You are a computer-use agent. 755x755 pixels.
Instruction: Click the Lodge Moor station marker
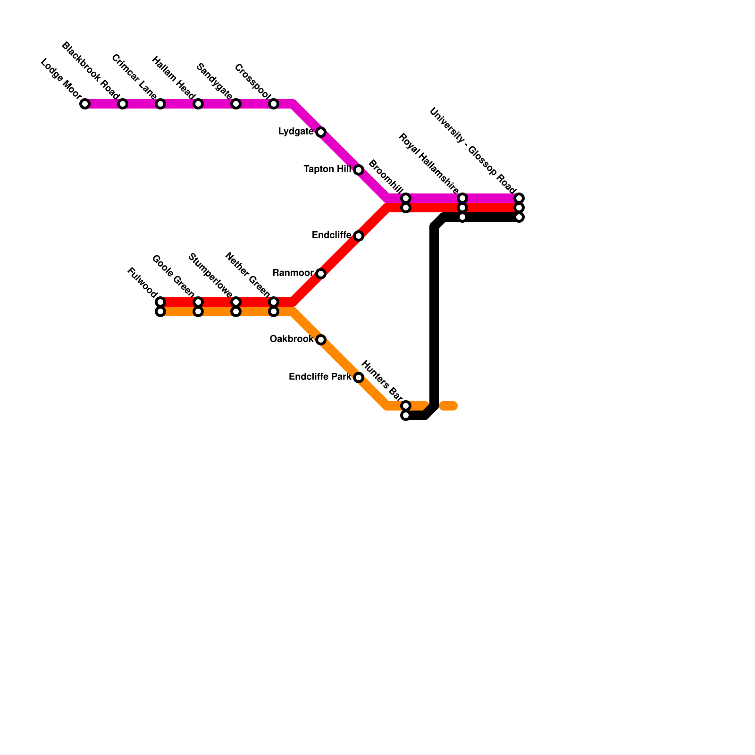[85, 104]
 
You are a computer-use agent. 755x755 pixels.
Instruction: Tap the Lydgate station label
[296, 132]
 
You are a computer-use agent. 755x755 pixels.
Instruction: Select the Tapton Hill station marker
[359, 170]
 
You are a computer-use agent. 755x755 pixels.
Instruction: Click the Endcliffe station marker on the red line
[359, 236]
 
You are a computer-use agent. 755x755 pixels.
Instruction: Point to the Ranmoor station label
[293, 273]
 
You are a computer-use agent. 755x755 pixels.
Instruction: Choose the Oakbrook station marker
[321, 340]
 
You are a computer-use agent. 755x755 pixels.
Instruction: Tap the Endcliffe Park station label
[320, 377]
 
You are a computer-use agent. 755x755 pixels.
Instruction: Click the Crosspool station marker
[274, 104]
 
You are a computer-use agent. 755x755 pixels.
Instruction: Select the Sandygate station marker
[236, 104]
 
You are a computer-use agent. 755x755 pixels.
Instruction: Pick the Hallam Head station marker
[198, 104]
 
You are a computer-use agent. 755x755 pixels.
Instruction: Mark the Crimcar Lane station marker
[160, 104]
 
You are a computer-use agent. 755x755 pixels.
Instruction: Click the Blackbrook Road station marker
[123, 104]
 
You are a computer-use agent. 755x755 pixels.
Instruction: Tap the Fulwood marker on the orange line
[160, 312]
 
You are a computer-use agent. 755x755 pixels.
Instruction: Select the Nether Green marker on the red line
[274, 302]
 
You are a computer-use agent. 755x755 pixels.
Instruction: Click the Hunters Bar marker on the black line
[406, 416]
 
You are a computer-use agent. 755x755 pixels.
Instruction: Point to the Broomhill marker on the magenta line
[406, 198]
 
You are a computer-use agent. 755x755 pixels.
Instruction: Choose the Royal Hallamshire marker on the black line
[462, 217]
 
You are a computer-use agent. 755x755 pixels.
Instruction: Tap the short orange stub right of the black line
[448, 406]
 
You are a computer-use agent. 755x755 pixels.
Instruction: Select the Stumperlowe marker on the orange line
[236, 312]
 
